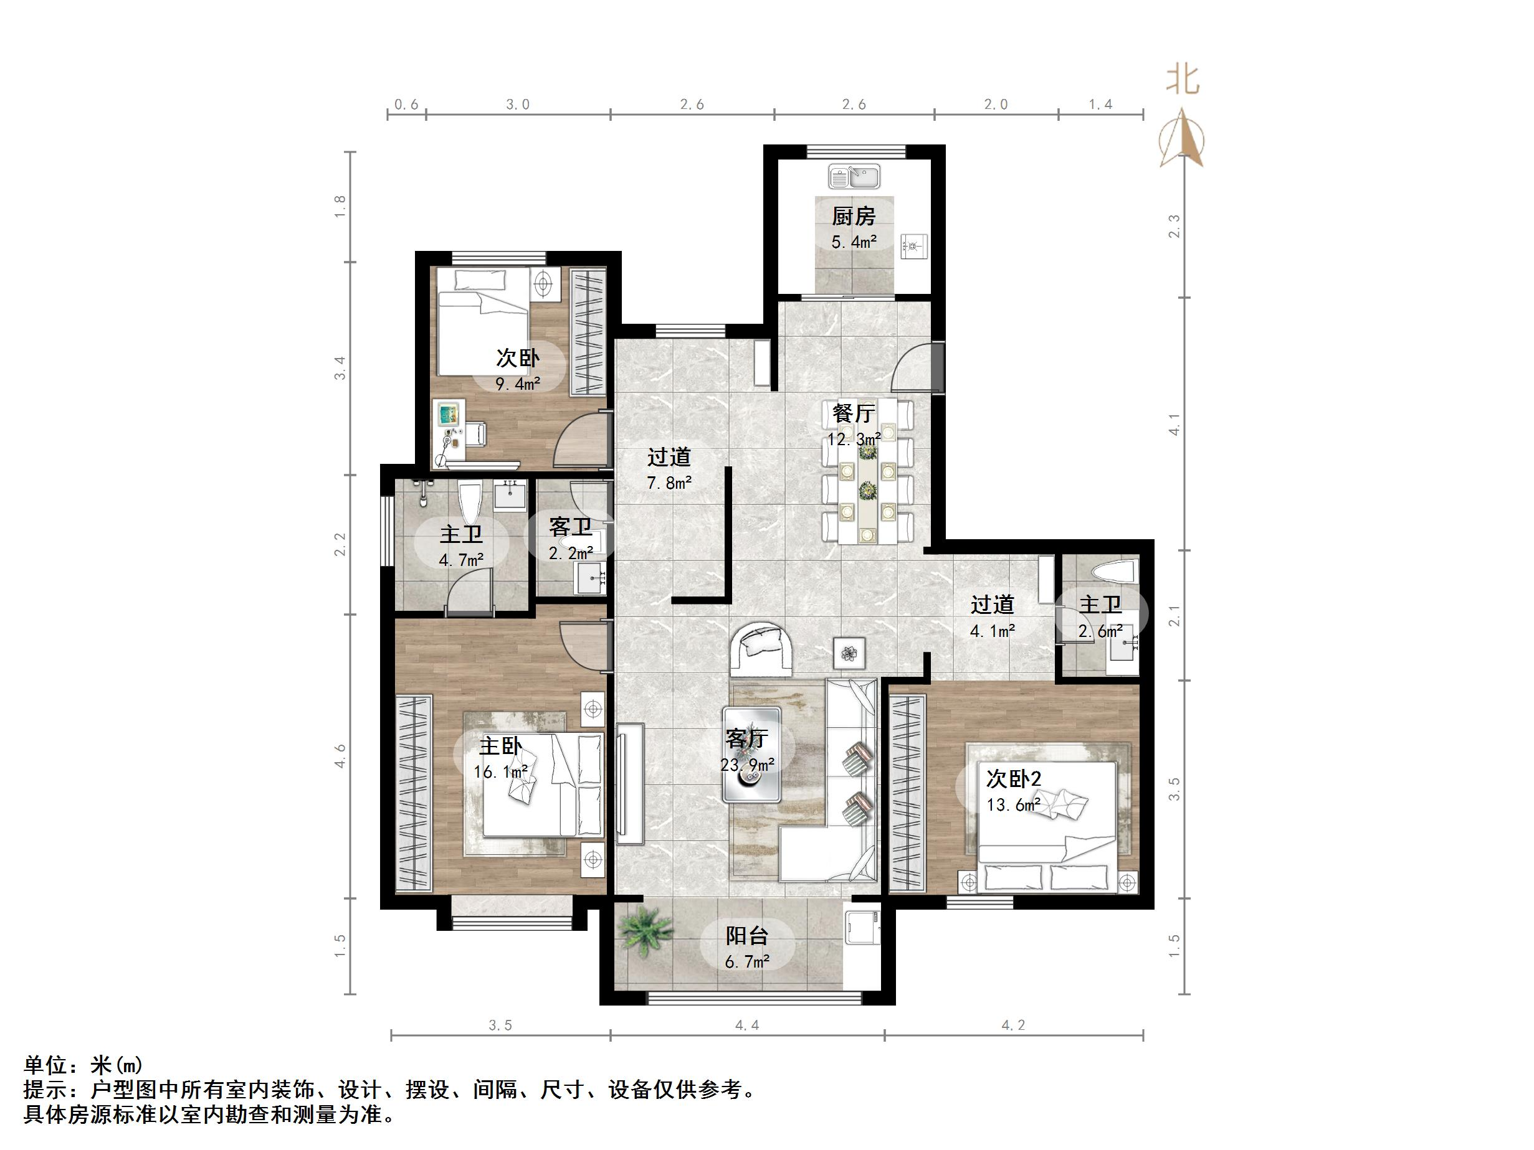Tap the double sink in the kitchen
click(854, 177)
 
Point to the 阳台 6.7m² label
click(747, 948)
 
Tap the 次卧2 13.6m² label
click(1013, 791)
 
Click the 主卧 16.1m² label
click(501, 758)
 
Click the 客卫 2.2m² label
click(571, 539)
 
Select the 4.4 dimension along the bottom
click(747, 1025)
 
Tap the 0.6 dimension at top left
click(406, 105)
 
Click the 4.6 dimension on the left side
click(340, 756)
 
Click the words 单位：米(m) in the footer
click(84, 1065)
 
